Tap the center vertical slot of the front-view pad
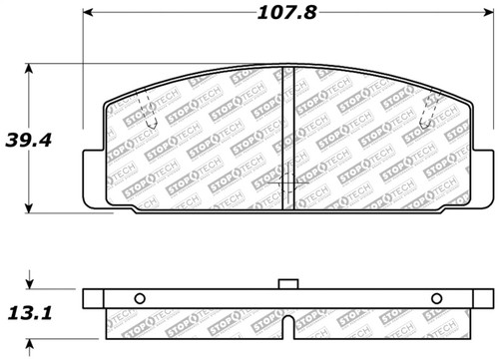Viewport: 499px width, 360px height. [x=290, y=139]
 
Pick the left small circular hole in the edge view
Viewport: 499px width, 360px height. [x=140, y=298]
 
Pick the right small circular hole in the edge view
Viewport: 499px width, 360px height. [x=436, y=298]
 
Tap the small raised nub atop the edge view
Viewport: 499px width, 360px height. [x=289, y=284]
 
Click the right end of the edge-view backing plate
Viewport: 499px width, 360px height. [x=489, y=298]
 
